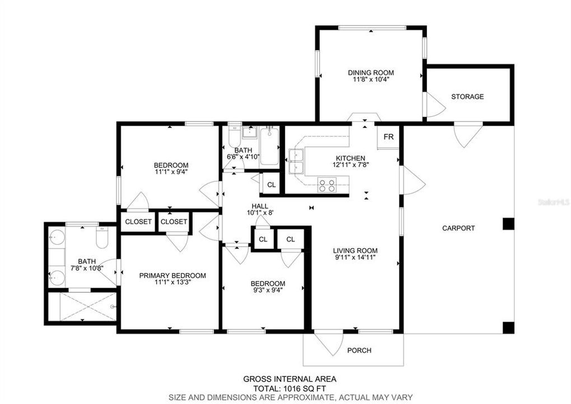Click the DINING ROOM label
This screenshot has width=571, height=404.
point(370,72)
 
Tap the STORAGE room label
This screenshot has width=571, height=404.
point(467,97)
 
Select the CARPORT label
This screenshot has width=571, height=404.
point(458,228)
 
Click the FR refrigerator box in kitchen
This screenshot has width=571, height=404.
point(388,137)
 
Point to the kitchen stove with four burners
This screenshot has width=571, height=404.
point(327,184)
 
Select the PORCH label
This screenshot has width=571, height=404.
point(359,350)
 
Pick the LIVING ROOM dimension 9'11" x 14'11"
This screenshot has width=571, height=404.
point(355,258)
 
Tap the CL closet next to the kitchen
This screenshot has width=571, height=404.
point(271,185)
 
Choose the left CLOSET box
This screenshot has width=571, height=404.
point(138,222)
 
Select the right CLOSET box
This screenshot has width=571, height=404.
point(174,222)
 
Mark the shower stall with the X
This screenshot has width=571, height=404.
point(82,306)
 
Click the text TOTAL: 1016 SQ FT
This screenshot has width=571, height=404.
point(289,388)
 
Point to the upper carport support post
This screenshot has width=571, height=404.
point(508,224)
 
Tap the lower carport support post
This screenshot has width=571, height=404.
point(508,327)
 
